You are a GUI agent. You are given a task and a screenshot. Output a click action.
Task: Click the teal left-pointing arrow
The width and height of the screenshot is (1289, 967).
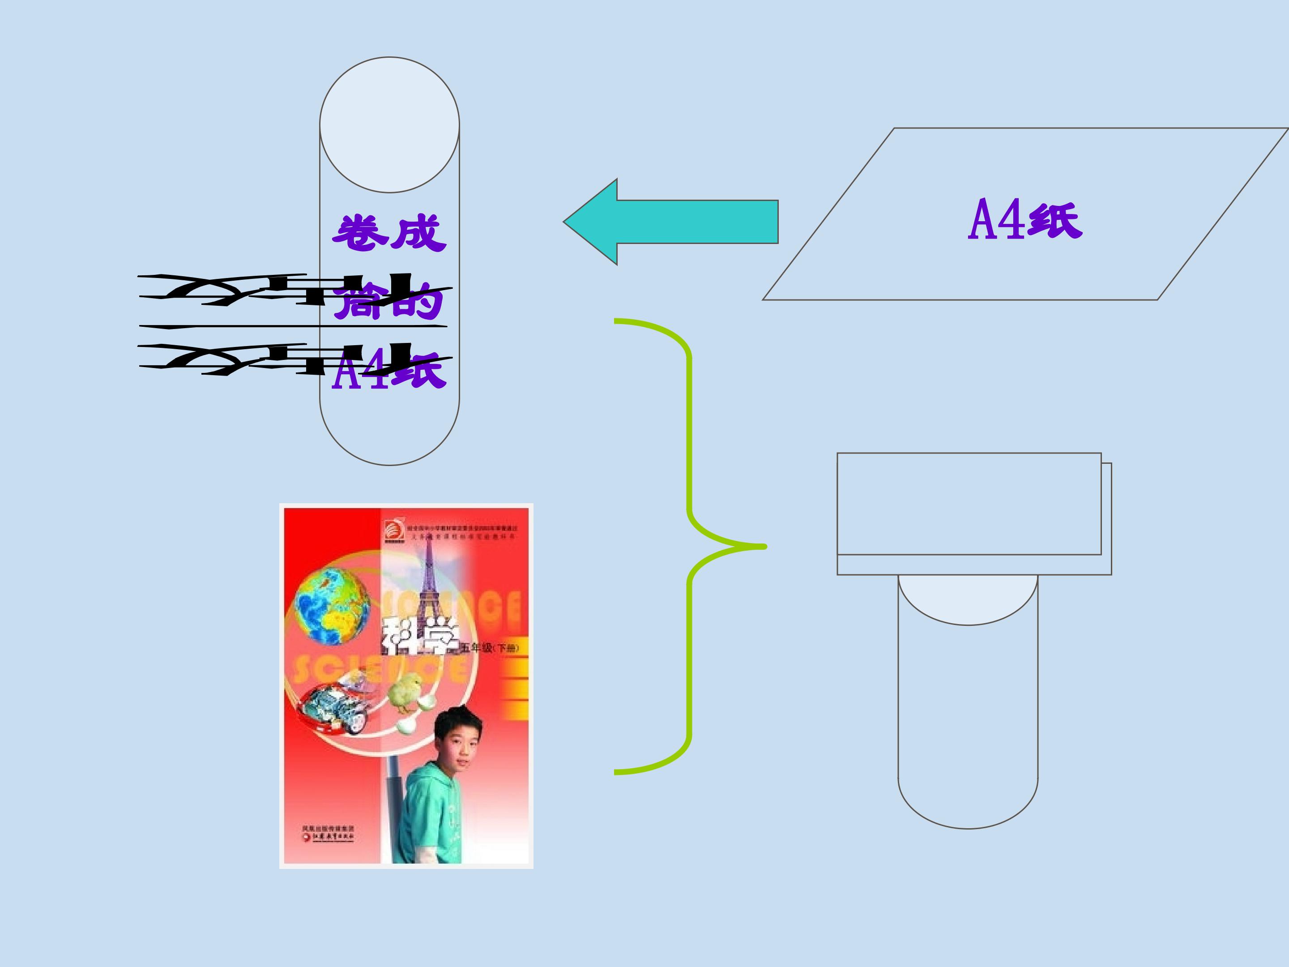670,222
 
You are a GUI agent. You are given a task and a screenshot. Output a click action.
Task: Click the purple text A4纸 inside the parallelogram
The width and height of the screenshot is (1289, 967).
1024,220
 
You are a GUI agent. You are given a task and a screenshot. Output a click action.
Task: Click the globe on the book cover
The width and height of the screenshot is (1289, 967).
332,606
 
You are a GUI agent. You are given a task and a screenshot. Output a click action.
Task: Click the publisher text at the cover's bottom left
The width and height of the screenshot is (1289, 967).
329,833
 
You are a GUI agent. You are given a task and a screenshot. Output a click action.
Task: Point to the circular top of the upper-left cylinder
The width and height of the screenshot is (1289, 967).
389,125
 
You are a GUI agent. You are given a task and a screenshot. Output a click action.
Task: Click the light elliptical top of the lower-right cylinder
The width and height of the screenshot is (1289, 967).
968,598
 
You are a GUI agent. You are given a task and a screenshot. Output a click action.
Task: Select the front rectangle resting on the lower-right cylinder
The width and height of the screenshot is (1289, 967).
969,504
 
